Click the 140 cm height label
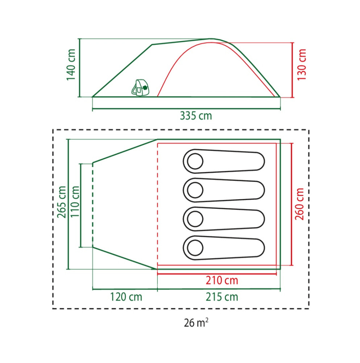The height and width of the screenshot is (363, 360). click(x=71, y=65)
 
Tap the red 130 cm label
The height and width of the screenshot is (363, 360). click(x=302, y=65)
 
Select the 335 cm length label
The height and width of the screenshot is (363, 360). click(x=196, y=116)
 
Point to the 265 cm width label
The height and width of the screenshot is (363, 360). click(x=62, y=202)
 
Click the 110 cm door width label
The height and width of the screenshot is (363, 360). click(x=75, y=201)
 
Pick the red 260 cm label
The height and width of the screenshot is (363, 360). click(x=299, y=204)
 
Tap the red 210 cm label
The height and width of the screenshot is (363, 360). click(x=222, y=280)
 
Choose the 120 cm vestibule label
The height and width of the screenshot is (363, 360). click(x=126, y=297)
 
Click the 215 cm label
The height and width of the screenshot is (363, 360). click(x=222, y=297)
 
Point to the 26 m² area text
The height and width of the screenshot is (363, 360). click(x=196, y=322)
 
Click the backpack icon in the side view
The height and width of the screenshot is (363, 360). click(x=141, y=87)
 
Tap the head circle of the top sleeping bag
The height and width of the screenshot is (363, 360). click(x=195, y=161)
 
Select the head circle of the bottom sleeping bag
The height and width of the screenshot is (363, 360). click(x=195, y=248)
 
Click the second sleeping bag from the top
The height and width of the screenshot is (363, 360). click(x=224, y=190)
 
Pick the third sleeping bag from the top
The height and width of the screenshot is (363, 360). click(x=224, y=219)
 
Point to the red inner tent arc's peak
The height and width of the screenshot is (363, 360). click(x=212, y=42)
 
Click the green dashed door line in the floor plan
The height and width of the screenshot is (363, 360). click(x=92, y=205)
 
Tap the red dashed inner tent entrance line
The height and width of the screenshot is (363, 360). click(x=157, y=204)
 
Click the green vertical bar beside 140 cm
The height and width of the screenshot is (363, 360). click(x=79, y=68)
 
